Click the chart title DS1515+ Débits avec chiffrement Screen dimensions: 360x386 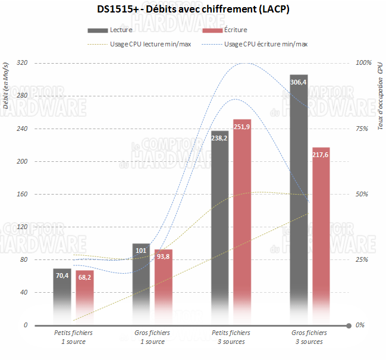coord(193,10)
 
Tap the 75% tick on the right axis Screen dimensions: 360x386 coord(363,129)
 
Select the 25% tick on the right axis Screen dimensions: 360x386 coord(363,259)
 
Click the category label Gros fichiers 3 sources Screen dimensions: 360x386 coord(309,337)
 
